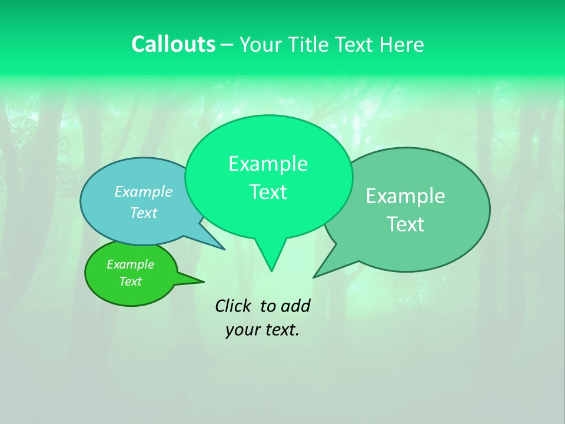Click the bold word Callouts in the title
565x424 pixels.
pyautogui.click(x=173, y=44)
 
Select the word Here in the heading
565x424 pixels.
pyautogui.click(x=402, y=45)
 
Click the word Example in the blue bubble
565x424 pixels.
pyautogui.click(x=144, y=192)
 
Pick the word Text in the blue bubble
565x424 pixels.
pyautogui.click(x=144, y=213)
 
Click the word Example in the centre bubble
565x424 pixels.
pyautogui.click(x=268, y=164)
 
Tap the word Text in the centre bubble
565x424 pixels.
pyautogui.click(x=268, y=192)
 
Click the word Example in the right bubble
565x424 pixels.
pyautogui.click(x=406, y=196)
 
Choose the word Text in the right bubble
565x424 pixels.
pyautogui.click(x=406, y=224)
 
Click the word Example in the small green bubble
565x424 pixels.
pyautogui.click(x=130, y=264)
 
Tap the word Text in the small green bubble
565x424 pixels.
pyautogui.click(x=130, y=281)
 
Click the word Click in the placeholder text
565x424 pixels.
pyautogui.click(x=232, y=306)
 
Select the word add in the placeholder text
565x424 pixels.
pyautogui.click(x=295, y=306)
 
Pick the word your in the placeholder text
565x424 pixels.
pyautogui.click(x=241, y=330)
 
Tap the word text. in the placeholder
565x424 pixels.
pyautogui.click(x=280, y=330)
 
